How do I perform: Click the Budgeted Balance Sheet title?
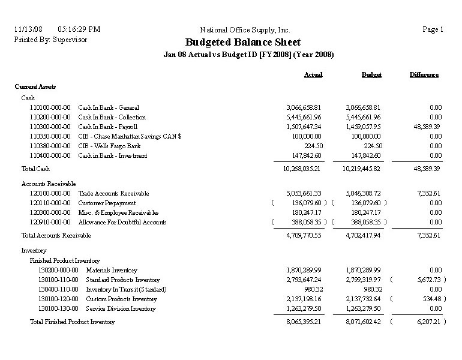coord(243,43)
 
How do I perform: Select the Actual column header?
coord(313,75)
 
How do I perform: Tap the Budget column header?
coord(371,75)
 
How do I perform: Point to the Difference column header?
coord(424,75)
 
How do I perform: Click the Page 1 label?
coord(433,29)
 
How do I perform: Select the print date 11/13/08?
coord(28,29)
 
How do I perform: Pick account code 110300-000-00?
coord(50,127)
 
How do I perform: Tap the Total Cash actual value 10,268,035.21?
coord(302,169)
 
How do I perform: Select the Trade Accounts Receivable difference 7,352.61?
coord(427,193)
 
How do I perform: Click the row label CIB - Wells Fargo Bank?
coord(109,146)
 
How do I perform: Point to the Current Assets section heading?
coord(35,86)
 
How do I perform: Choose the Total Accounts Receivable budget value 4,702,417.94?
coord(363,236)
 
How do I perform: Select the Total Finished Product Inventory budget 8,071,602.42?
coord(363,322)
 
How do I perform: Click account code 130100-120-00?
coord(58,299)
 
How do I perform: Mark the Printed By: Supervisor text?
coord(50,39)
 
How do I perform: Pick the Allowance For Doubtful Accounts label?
coord(122,222)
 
